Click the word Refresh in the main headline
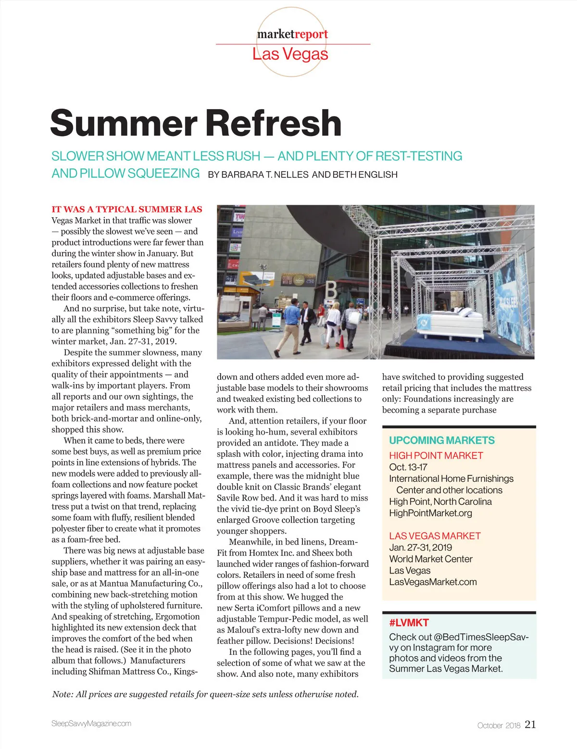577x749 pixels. [x=274, y=124]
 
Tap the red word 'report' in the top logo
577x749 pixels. [x=311, y=34]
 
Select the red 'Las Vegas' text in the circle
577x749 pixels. [x=290, y=54]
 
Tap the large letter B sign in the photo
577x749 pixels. [x=331, y=290]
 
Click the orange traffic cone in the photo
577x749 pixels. [x=341, y=342]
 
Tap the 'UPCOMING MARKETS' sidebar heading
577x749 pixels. [x=441, y=440]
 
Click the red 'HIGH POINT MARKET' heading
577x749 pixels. [x=436, y=455]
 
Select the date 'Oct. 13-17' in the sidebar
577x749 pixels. [x=408, y=467]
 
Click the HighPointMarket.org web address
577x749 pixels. [x=430, y=513]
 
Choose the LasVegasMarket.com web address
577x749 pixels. [x=433, y=582]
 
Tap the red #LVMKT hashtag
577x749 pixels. [x=409, y=623]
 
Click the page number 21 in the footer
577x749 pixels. [x=530, y=724]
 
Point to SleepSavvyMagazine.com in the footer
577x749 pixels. [x=91, y=724]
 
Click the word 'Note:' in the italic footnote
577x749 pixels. [x=63, y=694]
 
